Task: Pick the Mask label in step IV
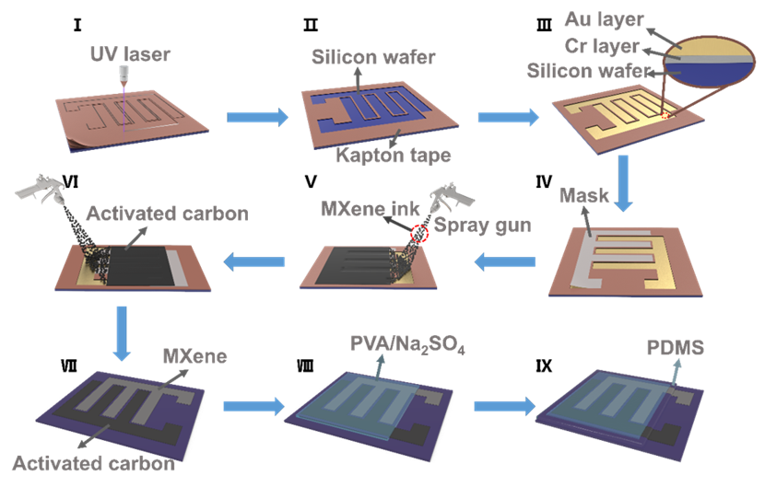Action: click(583, 196)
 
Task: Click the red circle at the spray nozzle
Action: click(419, 234)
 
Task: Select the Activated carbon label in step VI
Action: click(167, 215)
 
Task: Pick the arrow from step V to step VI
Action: click(254, 263)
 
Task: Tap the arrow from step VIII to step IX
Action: click(506, 405)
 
